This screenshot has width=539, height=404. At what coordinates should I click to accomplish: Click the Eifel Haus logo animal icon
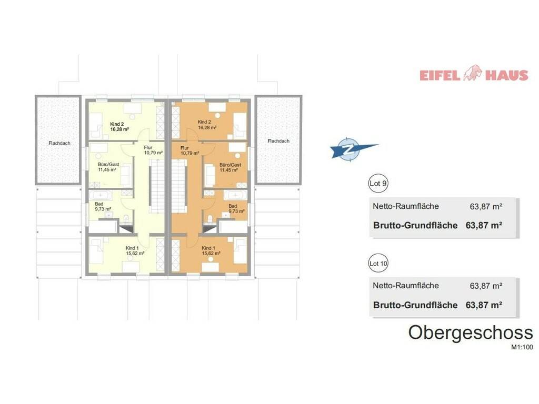pos(473,73)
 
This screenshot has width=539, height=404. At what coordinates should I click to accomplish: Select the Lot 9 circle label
pos(378,184)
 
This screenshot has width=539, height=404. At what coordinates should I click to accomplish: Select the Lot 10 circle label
pos(378,264)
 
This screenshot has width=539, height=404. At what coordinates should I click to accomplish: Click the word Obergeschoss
pos(471,332)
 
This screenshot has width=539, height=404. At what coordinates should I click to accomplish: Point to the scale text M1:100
pos(522,347)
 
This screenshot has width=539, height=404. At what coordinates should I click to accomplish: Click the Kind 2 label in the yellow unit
pos(117,124)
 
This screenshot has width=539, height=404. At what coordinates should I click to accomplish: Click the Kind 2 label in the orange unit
pos(204,122)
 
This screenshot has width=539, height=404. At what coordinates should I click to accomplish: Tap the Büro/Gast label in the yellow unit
pos(108,165)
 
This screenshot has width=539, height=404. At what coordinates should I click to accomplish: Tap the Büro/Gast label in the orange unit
pos(231,165)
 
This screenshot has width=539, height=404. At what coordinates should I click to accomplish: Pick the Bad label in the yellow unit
pos(99,204)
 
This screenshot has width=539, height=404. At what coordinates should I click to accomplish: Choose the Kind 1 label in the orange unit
pos(208,248)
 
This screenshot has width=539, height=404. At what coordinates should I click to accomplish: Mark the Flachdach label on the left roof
pos(59,143)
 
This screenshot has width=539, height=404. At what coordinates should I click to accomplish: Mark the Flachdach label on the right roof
pos(278,141)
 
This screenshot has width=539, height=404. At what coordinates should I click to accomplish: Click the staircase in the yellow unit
pos(157,189)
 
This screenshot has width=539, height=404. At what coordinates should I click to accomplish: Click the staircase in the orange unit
pos(179,189)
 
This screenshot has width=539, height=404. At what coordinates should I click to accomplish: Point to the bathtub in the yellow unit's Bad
pos(101,196)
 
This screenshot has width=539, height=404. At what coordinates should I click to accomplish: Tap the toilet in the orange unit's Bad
pos(209,219)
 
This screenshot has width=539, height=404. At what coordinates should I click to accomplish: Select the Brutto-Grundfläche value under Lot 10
pos(484,305)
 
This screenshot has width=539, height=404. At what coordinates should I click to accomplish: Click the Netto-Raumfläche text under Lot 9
pos(406,206)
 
